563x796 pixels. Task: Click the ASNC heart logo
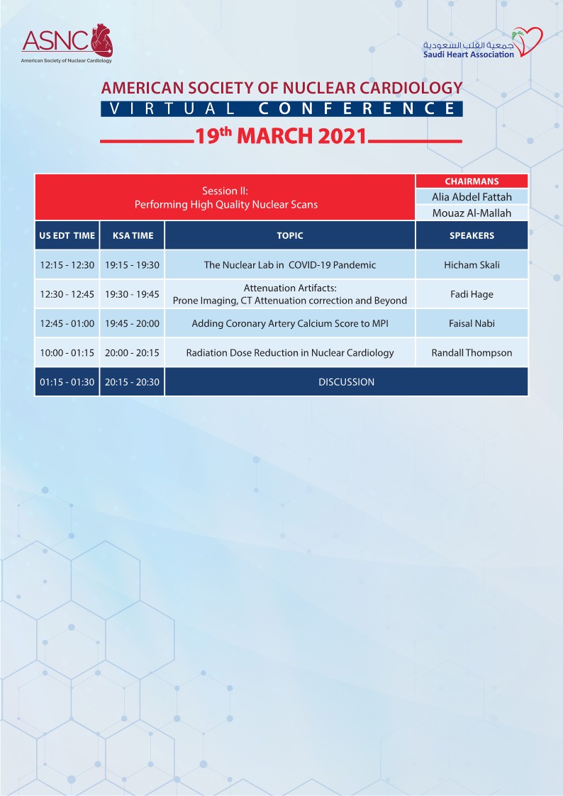click(x=67, y=43)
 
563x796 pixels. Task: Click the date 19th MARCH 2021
click(x=281, y=135)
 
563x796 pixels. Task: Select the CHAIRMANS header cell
click(x=472, y=181)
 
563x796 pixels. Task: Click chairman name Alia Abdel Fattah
click(x=472, y=197)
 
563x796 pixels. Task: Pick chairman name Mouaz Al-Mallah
click(x=472, y=213)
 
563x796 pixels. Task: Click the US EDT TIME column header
click(x=67, y=235)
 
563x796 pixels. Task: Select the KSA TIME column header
click(x=132, y=235)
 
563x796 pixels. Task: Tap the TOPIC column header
click(x=289, y=235)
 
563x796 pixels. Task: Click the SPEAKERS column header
click(x=472, y=235)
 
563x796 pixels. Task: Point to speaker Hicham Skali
click(x=472, y=265)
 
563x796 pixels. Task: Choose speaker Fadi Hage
click(x=472, y=294)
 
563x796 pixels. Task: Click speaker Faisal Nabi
click(x=472, y=323)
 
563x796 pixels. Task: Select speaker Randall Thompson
click(x=472, y=352)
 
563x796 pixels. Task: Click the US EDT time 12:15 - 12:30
click(x=67, y=265)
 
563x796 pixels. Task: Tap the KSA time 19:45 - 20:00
click(x=132, y=323)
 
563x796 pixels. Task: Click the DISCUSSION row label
click(x=346, y=382)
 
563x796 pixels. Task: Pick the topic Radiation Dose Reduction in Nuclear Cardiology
click(x=289, y=352)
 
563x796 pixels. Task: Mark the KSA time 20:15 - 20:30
click(x=132, y=382)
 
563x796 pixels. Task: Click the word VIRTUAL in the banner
click(x=174, y=109)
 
